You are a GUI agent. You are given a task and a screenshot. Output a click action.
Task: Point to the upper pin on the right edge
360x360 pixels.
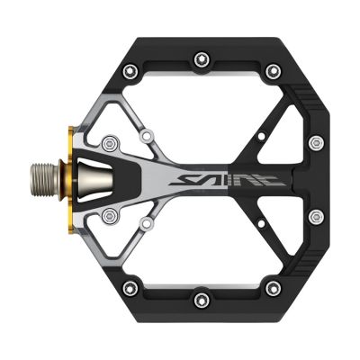point(315,143)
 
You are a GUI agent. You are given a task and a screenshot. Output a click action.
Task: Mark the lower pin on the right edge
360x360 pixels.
point(315,216)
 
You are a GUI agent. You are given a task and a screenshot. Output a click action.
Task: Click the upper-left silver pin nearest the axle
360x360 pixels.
point(111,140)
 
